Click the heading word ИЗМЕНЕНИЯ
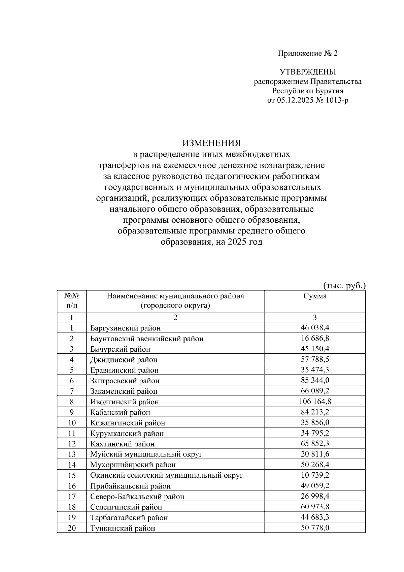pos(211,143)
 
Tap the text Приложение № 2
pos(307,53)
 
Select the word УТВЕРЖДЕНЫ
pos(308,72)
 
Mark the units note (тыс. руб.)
pos(344,286)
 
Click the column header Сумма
pos(315,296)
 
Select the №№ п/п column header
pos(72,301)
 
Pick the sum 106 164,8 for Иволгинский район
pos(315,401)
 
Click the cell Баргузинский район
pos(125,328)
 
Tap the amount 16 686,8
pos(315,338)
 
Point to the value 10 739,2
pos(315,475)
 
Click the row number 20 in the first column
pos(72,528)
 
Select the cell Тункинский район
pos(123,528)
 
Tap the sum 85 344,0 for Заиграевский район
pos(315,380)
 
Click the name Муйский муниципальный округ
pos(146,454)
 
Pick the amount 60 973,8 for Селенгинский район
pos(315,507)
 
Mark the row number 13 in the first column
pos(72,454)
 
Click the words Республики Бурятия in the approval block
pos(308,91)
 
